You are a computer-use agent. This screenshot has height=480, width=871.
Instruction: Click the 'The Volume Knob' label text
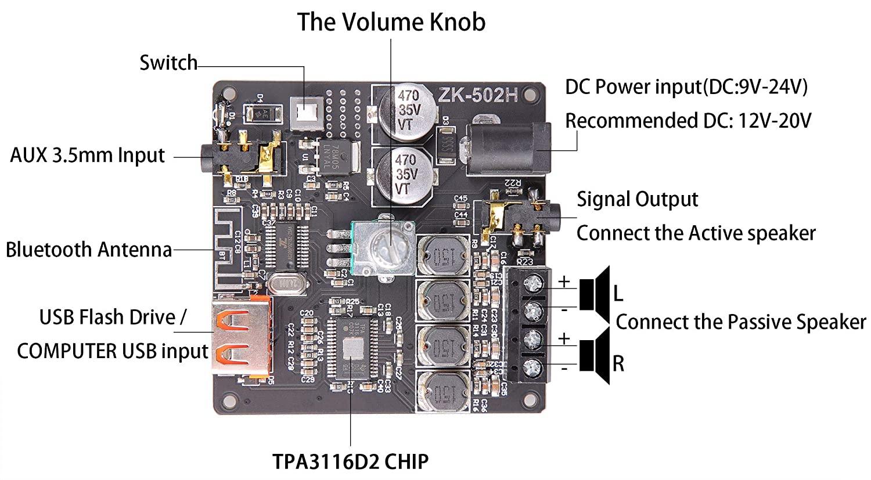tap(391, 22)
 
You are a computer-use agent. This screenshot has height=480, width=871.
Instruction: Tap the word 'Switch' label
tap(168, 63)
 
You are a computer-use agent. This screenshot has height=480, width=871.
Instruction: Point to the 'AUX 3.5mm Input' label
tap(88, 156)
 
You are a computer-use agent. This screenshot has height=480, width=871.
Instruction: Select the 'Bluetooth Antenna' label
tap(89, 250)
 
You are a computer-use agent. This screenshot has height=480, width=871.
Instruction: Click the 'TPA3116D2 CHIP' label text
tap(351, 461)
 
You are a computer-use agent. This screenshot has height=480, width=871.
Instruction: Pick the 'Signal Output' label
tap(637, 199)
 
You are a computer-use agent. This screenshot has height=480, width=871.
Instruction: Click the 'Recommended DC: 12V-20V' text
tap(688, 121)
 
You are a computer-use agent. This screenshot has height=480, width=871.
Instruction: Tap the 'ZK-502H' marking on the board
tap(477, 95)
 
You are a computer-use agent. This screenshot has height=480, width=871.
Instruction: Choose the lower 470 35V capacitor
tap(405, 174)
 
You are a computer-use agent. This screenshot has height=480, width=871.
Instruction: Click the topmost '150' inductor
tap(442, 255)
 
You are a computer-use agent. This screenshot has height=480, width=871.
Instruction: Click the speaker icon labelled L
tap(595, 289)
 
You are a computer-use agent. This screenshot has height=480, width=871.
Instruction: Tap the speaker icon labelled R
tap(595, 355)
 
